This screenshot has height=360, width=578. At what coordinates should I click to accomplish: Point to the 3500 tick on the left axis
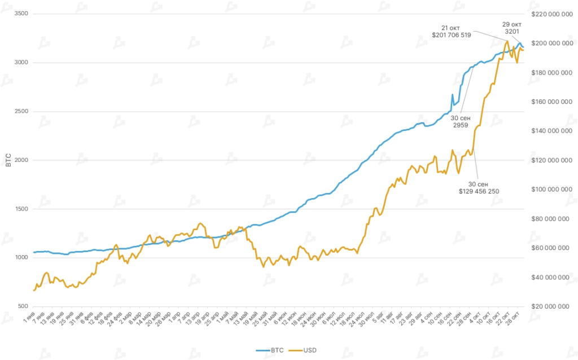pyautogui.click(x=21, y=14)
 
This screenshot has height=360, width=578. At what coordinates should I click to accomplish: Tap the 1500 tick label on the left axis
pyautogui.click(x=21, y=209)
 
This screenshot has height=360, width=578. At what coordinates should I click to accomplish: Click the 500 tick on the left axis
pyautogui.click(x=23, y=306)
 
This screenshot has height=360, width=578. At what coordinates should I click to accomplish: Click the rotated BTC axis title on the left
pyautogui.click(x=8, y=160)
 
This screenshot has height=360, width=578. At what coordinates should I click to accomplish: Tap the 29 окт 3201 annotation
pyautogui.click(x=512, y=28)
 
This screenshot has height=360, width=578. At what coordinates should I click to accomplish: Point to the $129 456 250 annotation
pyautogui.click(x=479, y=187)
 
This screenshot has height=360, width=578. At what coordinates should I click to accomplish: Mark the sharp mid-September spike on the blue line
pyautogui.click(x=453, y=95)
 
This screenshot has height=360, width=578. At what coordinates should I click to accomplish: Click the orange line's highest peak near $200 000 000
pyautogui.click(x=507, y=41)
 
